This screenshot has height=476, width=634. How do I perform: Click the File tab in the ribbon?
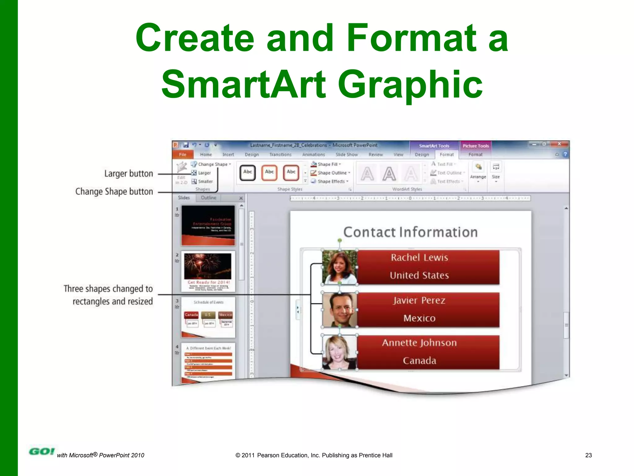point(183,154)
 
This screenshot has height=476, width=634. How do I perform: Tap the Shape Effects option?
point(330,182)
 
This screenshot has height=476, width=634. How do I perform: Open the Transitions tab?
point(280,154)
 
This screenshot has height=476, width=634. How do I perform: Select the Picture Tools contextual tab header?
point(475,146)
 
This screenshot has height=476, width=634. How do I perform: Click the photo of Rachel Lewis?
point(339,267)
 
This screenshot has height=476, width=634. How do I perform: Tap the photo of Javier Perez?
point(339,310)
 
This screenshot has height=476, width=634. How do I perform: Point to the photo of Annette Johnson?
point(339,352)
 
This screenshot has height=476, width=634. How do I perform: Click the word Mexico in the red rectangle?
point(419,318)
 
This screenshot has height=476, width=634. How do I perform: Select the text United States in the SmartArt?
point(419,275)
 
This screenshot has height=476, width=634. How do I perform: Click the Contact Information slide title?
point(410,232)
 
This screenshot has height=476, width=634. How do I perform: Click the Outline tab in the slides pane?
point(208,198)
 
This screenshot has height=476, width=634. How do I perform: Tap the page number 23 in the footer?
point(588,455)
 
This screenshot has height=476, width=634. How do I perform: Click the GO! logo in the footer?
point(41,452)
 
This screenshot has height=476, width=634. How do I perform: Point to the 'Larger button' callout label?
point(128,174)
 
